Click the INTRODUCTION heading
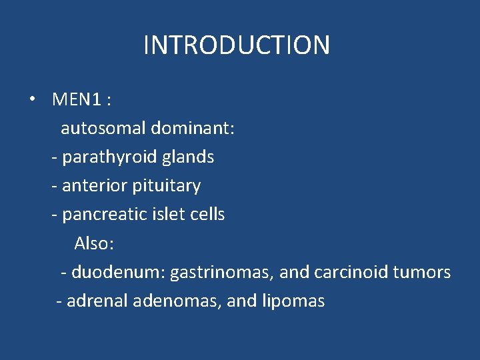click(237, 45)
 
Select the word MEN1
click(77, 100)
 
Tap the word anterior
click(94, 186)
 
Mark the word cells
click(207, 215)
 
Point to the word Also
click(93, 243)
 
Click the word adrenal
click(97, 301)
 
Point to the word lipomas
click(294, 301)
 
